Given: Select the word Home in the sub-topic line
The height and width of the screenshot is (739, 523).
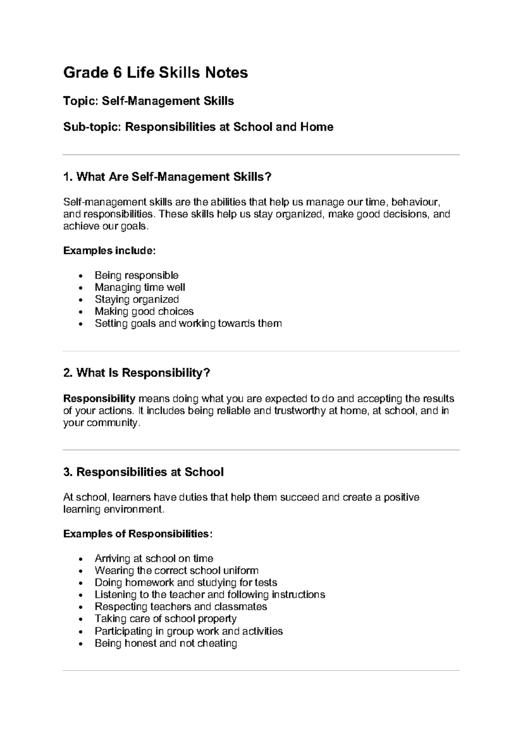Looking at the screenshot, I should coord(316,127).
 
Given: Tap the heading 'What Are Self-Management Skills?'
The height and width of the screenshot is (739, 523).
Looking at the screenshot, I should coord(167,177).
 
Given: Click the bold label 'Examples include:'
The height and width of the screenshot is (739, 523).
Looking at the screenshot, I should coord(109,251).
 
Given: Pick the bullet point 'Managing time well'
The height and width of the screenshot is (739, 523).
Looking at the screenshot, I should coord(140,288).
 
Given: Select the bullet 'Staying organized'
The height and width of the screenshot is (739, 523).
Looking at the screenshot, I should coord(137,299).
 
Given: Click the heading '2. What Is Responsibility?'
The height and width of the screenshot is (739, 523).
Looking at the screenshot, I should coord(137,373).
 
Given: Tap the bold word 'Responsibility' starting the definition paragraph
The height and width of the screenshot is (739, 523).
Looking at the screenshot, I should coord(99,399).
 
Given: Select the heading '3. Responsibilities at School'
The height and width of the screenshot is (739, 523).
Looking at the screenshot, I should coord(143,472).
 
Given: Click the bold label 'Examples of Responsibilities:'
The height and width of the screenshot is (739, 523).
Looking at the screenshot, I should coord(138,534).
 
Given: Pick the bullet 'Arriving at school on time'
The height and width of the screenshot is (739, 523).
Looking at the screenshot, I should coord(154,559).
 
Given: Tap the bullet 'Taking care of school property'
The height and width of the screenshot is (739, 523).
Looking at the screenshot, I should coord(166,619).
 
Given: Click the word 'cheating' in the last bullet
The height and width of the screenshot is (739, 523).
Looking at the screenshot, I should coord(217,644).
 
